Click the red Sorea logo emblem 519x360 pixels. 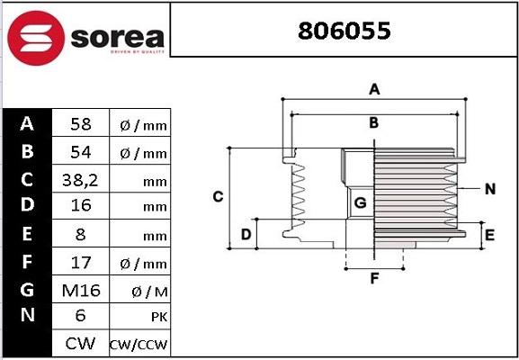tap(37, 39)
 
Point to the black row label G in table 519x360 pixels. tap(28, 290)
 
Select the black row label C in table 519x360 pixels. tap(28, 180)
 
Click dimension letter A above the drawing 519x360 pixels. tap(374, 88)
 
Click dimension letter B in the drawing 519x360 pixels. tap(373, 122)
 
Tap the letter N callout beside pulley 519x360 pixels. tap(490, 189)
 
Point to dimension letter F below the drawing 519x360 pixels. tap(374, 278)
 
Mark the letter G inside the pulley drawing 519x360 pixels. tap(359, 203)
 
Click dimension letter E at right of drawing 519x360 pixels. tap(489, 235)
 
